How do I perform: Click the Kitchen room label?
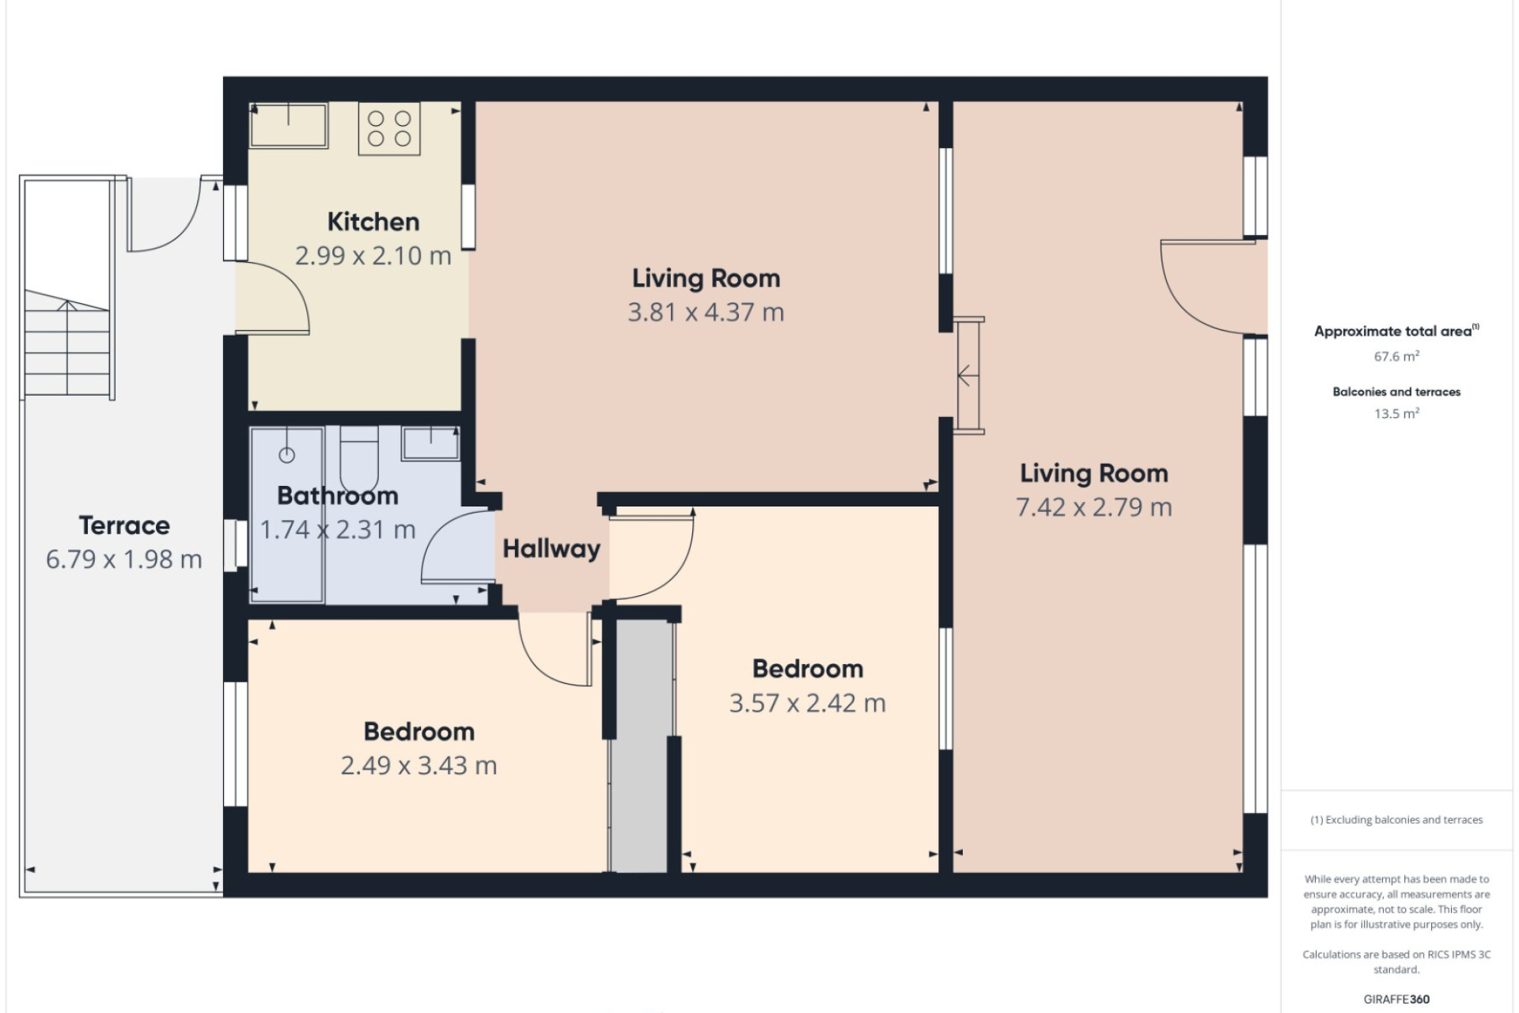coord(373,222)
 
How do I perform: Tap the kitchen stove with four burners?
coord(389,128)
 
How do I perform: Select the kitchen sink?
coord(289,125)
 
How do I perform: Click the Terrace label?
coord(124,525)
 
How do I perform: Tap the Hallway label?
coord(551,548)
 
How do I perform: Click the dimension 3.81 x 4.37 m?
coord(706,313)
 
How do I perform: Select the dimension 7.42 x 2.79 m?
coord(1094,507)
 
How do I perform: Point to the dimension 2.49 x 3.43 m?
coord(419,766)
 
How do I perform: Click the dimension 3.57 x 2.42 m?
coord(808,704)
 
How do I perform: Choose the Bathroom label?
coord(338,496)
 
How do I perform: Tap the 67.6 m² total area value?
coord(1396,356)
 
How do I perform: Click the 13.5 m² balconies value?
coord(1396,413)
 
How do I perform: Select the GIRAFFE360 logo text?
coord(1396,1000)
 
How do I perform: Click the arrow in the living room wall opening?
coord(964,376)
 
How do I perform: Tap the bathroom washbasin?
coord(430,442)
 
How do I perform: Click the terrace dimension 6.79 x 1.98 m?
coord(124,560)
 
